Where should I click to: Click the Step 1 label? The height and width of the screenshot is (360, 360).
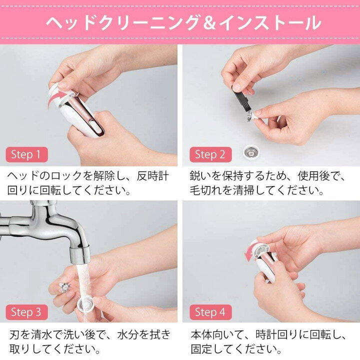pos(26,154)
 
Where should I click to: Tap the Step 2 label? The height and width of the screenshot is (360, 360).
pos(209,154)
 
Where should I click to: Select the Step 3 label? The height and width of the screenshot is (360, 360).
pos(26,312)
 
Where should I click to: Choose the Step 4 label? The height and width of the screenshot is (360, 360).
pos(209,312)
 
